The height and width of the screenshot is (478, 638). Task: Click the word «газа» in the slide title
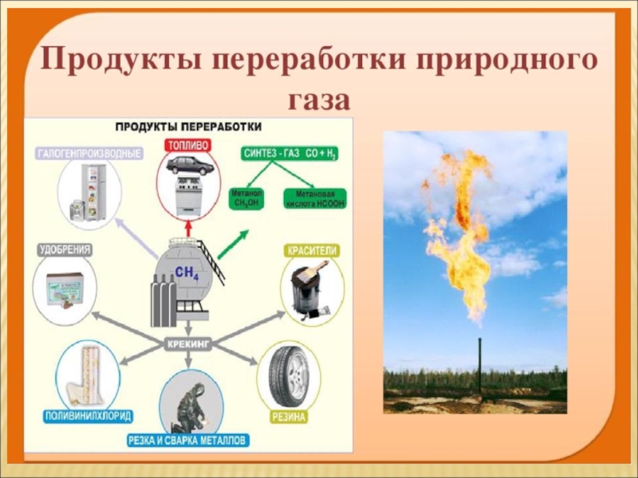pyautogui.click(x=318, y=102)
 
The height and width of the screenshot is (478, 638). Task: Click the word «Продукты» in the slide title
pyautogui.click(x=116, y=61)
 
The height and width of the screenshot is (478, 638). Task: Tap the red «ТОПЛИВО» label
pyautogui.click(x=188, y=145)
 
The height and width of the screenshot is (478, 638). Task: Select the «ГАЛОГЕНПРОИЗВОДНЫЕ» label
pyautogui.click(x=89, y=153)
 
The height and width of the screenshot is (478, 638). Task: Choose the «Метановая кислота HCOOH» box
pyautogui.click(x=315, y=198)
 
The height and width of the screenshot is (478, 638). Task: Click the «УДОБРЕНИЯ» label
pyautogui.click(x=65, y=250)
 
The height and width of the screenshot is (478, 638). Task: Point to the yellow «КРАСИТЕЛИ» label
pyautogui.click(x=313, y=251)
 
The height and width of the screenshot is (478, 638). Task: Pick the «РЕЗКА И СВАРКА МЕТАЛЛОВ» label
pyautogui.click(x=189, y=440)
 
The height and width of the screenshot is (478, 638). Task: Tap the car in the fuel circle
pyautogui.click(x=189, y=167)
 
